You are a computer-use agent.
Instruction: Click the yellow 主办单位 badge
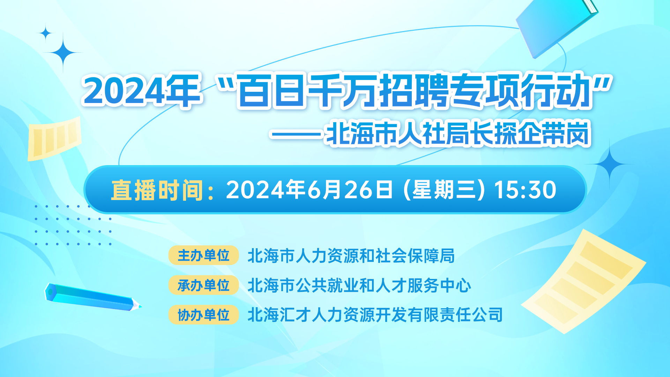click(x=203, y=255)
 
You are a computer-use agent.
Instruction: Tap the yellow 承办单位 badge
click(x=203, y=285)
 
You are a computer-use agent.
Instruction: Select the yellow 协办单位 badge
click(x=203, y=315)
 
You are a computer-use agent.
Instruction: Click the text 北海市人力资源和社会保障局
click(x=351, y=256)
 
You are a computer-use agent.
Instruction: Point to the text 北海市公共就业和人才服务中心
click(x=359, y=286)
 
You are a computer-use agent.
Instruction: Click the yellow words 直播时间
click(x=157, y=190)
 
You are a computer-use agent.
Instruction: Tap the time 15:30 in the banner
click(x=525, y=190)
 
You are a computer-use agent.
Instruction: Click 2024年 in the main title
click(x=142, y=91)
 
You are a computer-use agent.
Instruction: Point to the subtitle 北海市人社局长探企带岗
click(x=457, y=133)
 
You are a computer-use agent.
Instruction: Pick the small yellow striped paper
click(x=54, y=139)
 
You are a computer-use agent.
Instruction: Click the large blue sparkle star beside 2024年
click(x=63, y=53)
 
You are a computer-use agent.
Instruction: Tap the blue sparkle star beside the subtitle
click(x=610, y=164)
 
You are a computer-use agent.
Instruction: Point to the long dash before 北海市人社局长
click(x=297, y=134)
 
